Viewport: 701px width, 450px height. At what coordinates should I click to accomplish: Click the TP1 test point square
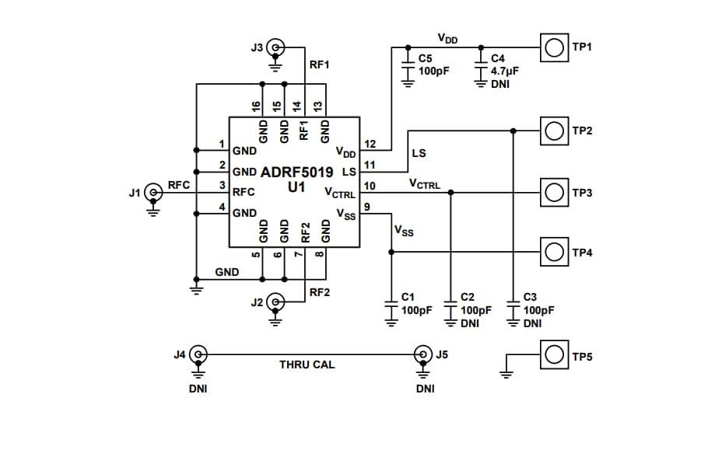tap(552, 47)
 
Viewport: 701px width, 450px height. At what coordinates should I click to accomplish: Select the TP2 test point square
tap(552, 131)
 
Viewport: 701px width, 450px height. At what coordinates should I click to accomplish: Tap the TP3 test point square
tap(552, 191)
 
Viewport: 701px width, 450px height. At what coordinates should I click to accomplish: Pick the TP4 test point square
tap(552, 252)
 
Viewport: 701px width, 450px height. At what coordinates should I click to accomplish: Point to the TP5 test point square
tap(552, 355)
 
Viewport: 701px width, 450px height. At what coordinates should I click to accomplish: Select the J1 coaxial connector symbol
tap(153, 192)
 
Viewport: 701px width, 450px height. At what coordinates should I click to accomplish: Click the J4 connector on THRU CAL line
tap(198, 355)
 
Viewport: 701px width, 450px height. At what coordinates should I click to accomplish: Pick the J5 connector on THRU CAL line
tap(422, 355)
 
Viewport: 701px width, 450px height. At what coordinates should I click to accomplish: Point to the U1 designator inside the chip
tap(296, 187)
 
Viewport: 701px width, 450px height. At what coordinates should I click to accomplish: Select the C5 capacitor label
tap(425, 58)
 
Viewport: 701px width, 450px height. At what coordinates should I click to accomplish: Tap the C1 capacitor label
tap(408, 298)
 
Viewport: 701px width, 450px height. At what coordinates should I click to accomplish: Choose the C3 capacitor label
tap(530, 298)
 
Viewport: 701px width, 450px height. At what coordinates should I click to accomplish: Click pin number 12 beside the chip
tap(370, 145)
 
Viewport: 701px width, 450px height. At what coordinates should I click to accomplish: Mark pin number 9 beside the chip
tap(366, 207)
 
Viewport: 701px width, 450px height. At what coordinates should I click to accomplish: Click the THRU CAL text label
tap(307, 364)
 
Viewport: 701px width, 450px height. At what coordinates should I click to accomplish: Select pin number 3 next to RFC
tap(222, 186)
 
